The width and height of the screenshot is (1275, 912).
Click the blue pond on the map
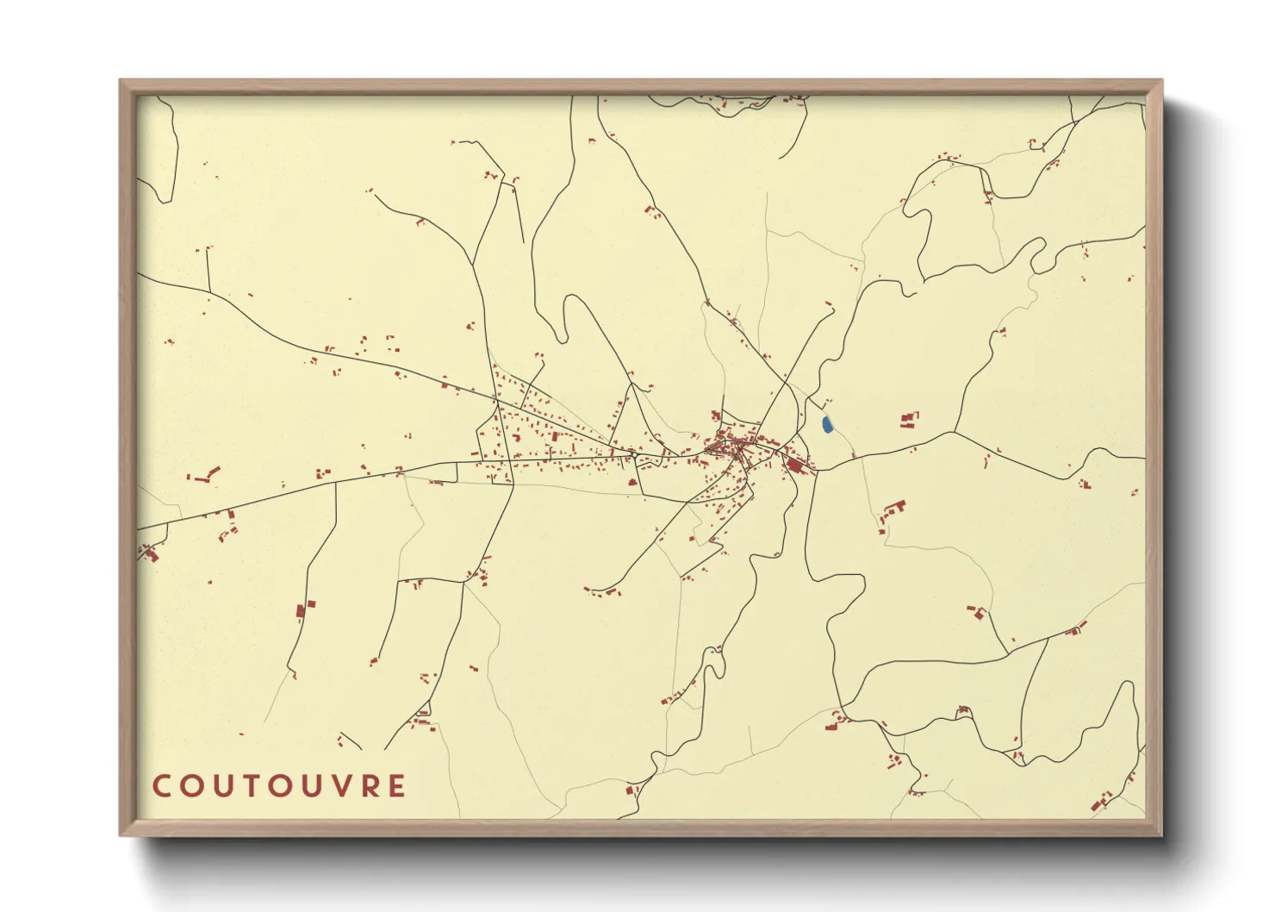pyautogui.click(x=827, y=425)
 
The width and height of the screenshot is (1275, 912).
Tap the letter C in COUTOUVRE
pyautogui.click(x=161, y=786)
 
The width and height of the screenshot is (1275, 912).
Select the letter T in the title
pyautogui.click(x=248, y=786)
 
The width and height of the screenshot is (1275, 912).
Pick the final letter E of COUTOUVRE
pyautogui.click(x=396, y=786)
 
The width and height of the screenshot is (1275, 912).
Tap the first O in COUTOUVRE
pyautogui.click(x=190, y=786)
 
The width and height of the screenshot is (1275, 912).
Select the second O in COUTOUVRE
pyautogui.click(x=277, y=786)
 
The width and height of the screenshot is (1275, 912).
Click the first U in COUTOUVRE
pyautogui.click(x=220, y=786)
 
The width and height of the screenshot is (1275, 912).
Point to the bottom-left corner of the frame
pyautogui.click(x=121, y=834)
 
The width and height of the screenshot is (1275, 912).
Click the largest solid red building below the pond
pyautogui.click(x=794, y=465)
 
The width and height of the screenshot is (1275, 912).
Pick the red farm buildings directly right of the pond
pyautogui.click(x=908, y=420)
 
